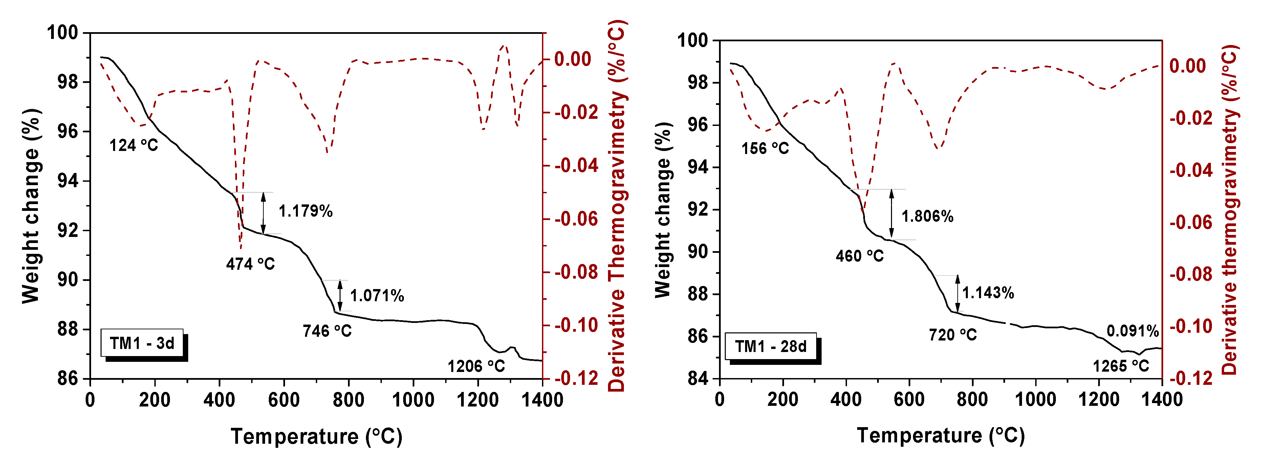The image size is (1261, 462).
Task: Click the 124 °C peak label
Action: [134, 145]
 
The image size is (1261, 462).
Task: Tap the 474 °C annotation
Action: [250, 264]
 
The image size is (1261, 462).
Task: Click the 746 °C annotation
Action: [327, 331]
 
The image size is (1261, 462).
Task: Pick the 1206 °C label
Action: [476, 366]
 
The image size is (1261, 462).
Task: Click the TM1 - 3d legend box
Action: [142, 343]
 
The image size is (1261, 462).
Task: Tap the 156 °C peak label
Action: [765, 148]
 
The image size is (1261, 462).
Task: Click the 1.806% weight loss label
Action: [927, 216]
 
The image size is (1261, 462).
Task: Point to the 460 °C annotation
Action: [860, 256]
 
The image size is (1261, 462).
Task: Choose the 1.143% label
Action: [988, 293]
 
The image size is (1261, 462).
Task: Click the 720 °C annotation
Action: [953, 335]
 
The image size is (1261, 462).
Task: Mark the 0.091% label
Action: [1132, 331]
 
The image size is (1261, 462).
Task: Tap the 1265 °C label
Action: [1121, 366]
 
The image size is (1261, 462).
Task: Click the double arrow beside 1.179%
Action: [263, 213]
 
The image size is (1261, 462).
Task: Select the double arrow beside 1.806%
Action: [891, 214]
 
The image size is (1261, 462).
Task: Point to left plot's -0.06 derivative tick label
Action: [576, 219]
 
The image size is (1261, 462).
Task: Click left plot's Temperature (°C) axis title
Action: [316, 436]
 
